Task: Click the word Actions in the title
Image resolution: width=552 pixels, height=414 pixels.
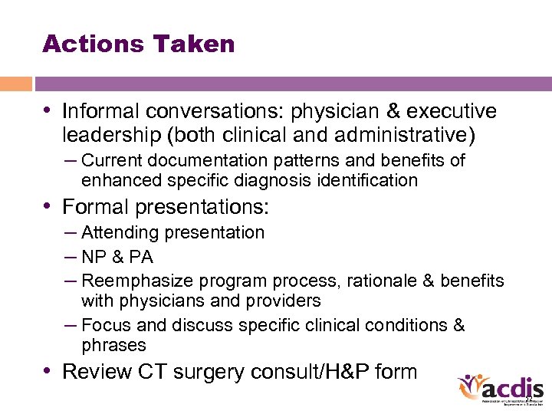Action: tap(85, 44)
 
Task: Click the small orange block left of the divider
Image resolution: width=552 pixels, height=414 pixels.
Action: tap(16, 84)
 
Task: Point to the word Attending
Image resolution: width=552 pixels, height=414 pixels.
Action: tap(118, 232)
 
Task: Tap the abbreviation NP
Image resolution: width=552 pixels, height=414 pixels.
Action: tap(94, 257)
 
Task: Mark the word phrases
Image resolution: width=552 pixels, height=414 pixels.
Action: tap(113, 345)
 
